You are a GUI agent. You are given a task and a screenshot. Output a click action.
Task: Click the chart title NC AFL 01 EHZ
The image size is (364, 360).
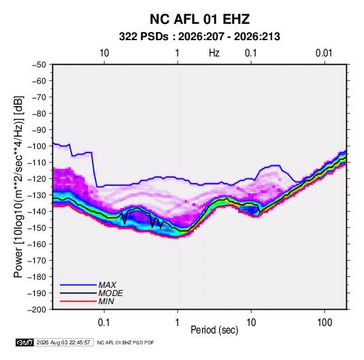click(199, 19)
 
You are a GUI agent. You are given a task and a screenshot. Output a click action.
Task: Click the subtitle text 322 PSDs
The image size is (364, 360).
click(144, 37)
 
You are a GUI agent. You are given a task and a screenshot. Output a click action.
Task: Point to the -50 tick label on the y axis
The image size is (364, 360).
click(39, 65)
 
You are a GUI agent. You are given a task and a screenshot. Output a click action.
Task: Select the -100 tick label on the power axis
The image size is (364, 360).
click(37, 146)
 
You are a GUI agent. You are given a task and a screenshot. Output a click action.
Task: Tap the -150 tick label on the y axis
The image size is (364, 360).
click(37, 228)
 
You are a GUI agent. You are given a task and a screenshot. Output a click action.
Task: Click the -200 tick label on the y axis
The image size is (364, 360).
click(37, 310)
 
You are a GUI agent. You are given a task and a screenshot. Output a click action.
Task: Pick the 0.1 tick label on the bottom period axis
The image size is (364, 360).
click(104, 323)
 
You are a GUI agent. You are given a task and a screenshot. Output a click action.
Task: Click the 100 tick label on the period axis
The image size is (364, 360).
click(325, 323)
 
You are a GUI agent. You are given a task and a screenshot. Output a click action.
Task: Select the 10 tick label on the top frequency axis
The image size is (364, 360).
click(104, 53)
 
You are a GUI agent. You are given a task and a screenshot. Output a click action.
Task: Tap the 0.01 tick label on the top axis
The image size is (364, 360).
click(324, 53)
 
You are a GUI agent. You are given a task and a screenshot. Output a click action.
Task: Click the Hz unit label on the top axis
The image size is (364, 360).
click(214, 53)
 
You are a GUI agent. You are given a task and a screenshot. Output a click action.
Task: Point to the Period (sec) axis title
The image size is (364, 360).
click(214, 330)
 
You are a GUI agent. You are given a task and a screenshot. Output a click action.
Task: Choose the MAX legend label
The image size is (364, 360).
click(107, 285)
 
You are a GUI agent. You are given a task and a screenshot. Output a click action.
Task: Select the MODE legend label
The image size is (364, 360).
click(110, 293)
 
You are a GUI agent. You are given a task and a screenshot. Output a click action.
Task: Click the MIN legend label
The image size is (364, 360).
click(106, 301)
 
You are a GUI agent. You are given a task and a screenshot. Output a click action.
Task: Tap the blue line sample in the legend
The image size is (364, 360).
click(78, 285)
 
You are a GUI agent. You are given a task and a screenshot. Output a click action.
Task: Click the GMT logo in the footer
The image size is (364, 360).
click(25, 342)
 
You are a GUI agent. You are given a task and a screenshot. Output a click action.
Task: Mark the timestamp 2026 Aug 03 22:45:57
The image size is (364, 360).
click(63, 342)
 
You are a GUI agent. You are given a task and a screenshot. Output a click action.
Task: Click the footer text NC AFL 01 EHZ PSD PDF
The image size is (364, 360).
click(125, 342)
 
